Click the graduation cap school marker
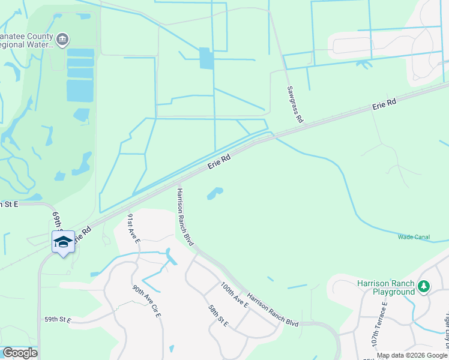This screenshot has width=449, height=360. point(63,242)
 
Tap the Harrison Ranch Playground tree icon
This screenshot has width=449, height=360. point(424,287)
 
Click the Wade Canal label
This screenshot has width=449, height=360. point(414,237)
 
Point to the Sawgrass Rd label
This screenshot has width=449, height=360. point(294,104)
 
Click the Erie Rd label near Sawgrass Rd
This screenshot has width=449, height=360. point(384,105)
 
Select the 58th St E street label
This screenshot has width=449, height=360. point(218,316)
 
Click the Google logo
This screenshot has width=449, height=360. point(20,353)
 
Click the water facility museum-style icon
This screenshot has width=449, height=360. point(63,40)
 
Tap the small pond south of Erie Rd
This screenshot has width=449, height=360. point(215,193)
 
